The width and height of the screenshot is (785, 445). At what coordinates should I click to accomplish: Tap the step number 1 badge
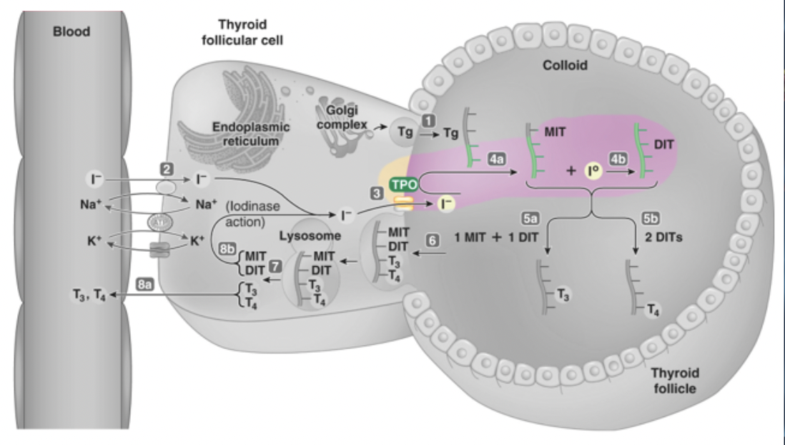click(x=428, y=122)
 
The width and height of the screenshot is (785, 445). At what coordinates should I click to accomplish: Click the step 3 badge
click(x=377, y=193)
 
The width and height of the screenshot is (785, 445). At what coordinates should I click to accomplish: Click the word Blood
click(x=72, y=32)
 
